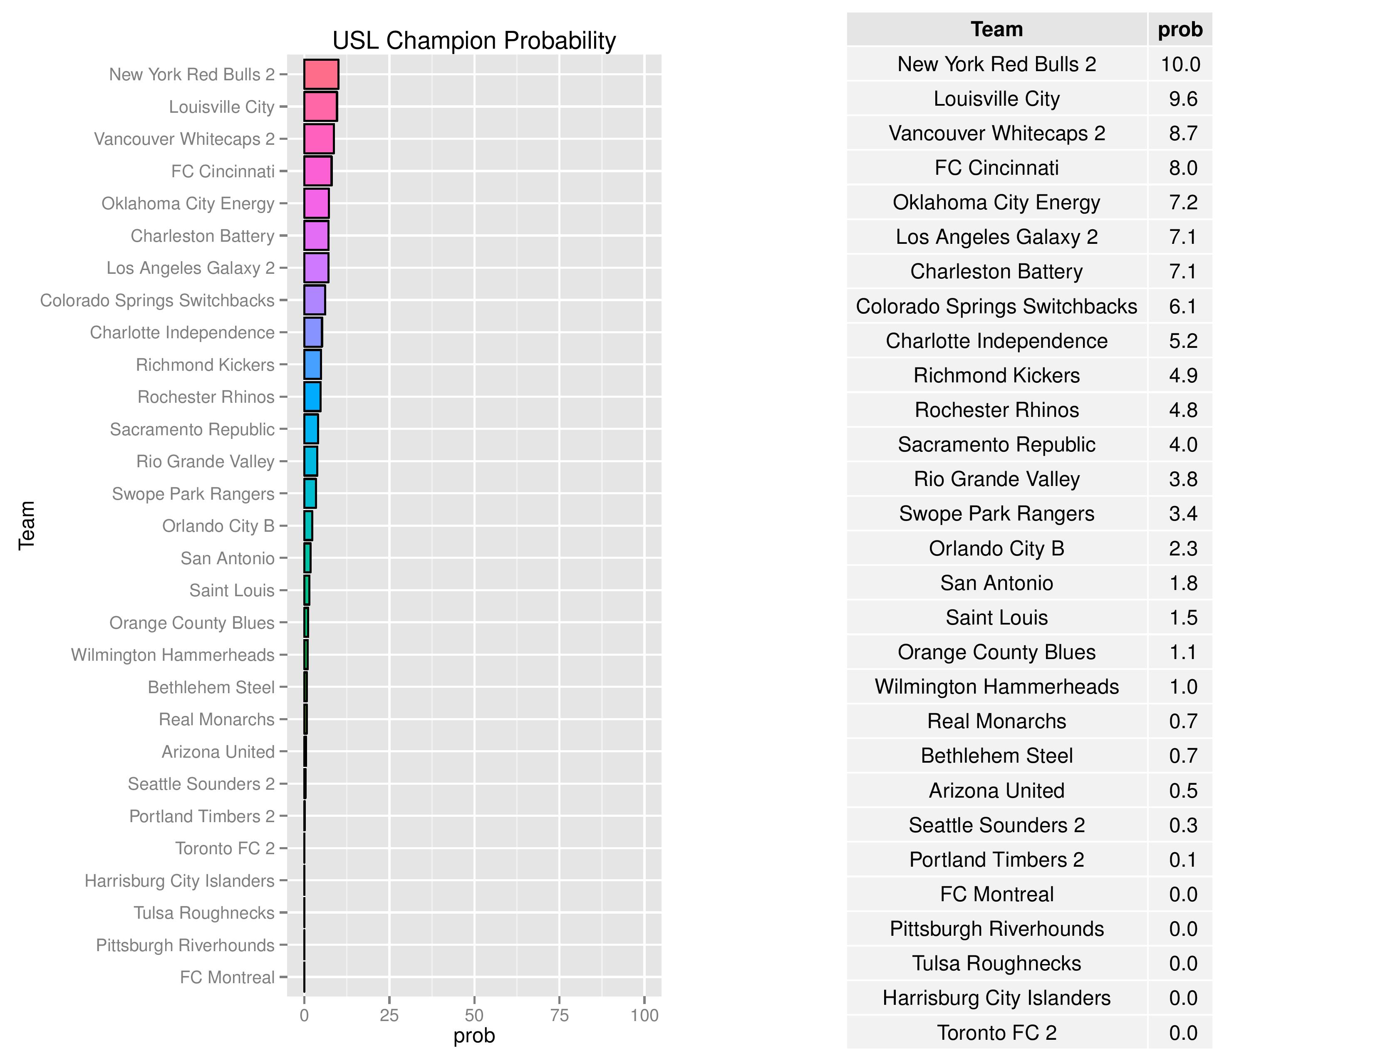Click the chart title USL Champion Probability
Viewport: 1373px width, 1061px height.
473,41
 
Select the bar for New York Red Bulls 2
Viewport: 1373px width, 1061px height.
321,74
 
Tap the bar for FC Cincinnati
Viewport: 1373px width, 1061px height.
317,171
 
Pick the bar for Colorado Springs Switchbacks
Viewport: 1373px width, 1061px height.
314,300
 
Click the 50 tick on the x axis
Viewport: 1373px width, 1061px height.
474,1015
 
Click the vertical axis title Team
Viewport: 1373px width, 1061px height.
26,526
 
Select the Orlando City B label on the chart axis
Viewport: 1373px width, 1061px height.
218,526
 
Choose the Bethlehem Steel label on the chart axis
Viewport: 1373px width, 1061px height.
211,687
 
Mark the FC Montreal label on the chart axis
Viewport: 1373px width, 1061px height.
227,977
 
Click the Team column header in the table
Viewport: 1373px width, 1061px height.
996,30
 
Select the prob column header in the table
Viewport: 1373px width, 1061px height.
1180,30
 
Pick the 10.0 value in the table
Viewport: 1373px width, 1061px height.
1180,64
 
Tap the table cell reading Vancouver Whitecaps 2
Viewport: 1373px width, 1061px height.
996,133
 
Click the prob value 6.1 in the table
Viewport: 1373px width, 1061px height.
1182,306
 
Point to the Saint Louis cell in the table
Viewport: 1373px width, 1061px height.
996,617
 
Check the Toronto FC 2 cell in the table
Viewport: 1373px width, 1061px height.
996,1033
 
